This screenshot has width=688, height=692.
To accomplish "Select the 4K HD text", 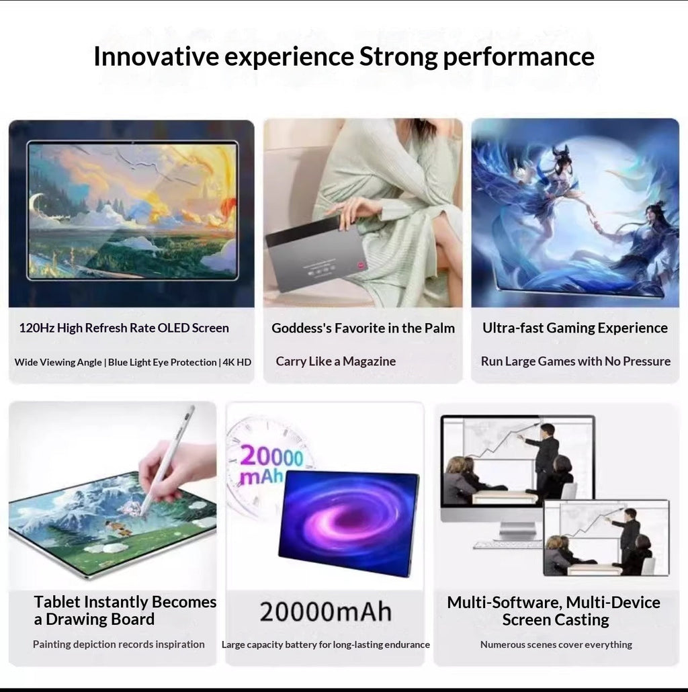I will (237, 362).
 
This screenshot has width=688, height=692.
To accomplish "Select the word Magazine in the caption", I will (369, 361).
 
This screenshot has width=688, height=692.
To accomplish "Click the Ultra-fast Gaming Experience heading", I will (575, 328).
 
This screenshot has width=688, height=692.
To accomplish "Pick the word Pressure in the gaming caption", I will (646, 361).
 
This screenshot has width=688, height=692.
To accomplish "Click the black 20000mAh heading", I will (325, 611).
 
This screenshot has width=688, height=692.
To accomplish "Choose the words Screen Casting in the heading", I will (556, 619).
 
